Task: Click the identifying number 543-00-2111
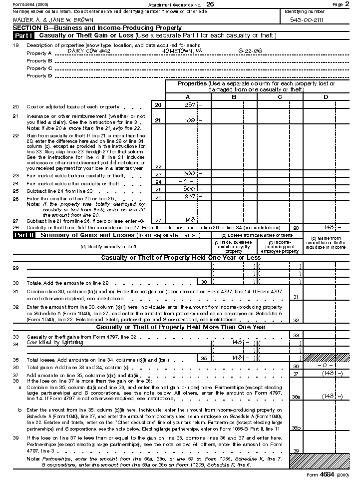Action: [306, 20]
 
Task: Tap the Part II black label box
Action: [23, 235]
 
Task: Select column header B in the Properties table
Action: [234, 97]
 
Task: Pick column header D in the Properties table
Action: [326, 97]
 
